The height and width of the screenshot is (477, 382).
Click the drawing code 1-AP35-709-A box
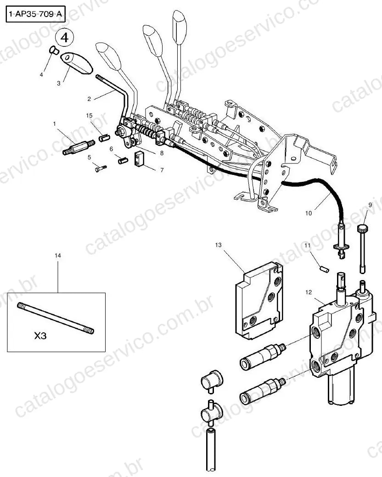(36, 14)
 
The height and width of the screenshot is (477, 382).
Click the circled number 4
(64, 38)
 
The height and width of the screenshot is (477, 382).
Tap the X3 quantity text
(40, 336)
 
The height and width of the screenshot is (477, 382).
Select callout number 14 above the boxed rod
(57, 256)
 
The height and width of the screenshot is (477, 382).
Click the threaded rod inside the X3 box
(56, 319)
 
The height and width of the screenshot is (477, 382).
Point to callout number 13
(219, 245)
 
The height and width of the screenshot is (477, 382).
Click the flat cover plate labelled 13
(259, 301)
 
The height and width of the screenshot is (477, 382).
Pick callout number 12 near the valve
(309, 292)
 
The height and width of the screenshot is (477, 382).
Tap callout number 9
(370, 205)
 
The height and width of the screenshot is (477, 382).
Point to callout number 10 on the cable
(309, 213)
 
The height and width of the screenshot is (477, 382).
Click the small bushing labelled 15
(104, 138)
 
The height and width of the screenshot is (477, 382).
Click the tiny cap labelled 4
(54, 50)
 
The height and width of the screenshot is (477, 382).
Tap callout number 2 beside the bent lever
(89, 99)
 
